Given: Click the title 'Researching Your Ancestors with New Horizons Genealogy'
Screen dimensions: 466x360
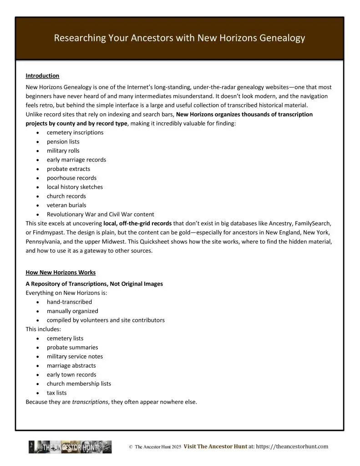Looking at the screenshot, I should pyautogui.click(x=179, y=38).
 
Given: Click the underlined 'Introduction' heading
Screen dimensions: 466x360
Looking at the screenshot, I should pyautogui.click(x=42, y=76).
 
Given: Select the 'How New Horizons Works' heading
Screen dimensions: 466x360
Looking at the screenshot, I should pyautogui.click(x=61, y=273).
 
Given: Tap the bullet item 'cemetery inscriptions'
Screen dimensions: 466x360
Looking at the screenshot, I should pyautogui.click(x=75, y=132).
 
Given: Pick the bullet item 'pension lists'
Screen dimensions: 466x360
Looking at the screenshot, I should pyautogui.click(x=63, y=142).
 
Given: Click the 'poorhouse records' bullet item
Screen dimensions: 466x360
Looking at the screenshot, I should pyautogui.click(x=71, y=178).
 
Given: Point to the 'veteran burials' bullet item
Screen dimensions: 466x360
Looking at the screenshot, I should pyautogui.click(x=66, y=205).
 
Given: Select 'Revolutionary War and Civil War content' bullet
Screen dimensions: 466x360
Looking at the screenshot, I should pyautogui.click(x=100, y=214).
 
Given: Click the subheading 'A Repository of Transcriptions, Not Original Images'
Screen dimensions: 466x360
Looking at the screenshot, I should pyautogui.click(x=94, y=284).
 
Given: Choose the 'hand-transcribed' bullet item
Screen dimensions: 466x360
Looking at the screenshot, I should pyautogui.click(x=69, y=302).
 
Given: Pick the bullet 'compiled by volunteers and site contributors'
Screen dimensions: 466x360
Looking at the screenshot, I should pyautogui.click(x=106, y=320).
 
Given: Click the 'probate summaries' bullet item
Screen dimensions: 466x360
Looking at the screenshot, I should pyautogui.click(x=72, y=347).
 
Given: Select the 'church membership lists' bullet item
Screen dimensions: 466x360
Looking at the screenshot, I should pyautogui.click(x=79, y=384).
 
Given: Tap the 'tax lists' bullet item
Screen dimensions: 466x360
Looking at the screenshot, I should pyautogui.click(x=56, y=393).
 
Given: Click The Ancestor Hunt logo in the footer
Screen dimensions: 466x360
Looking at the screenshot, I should pyautogui.click(x=70, y=447).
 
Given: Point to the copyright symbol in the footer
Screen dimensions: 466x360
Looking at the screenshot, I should pyautogui.click(x=131, y=447).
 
